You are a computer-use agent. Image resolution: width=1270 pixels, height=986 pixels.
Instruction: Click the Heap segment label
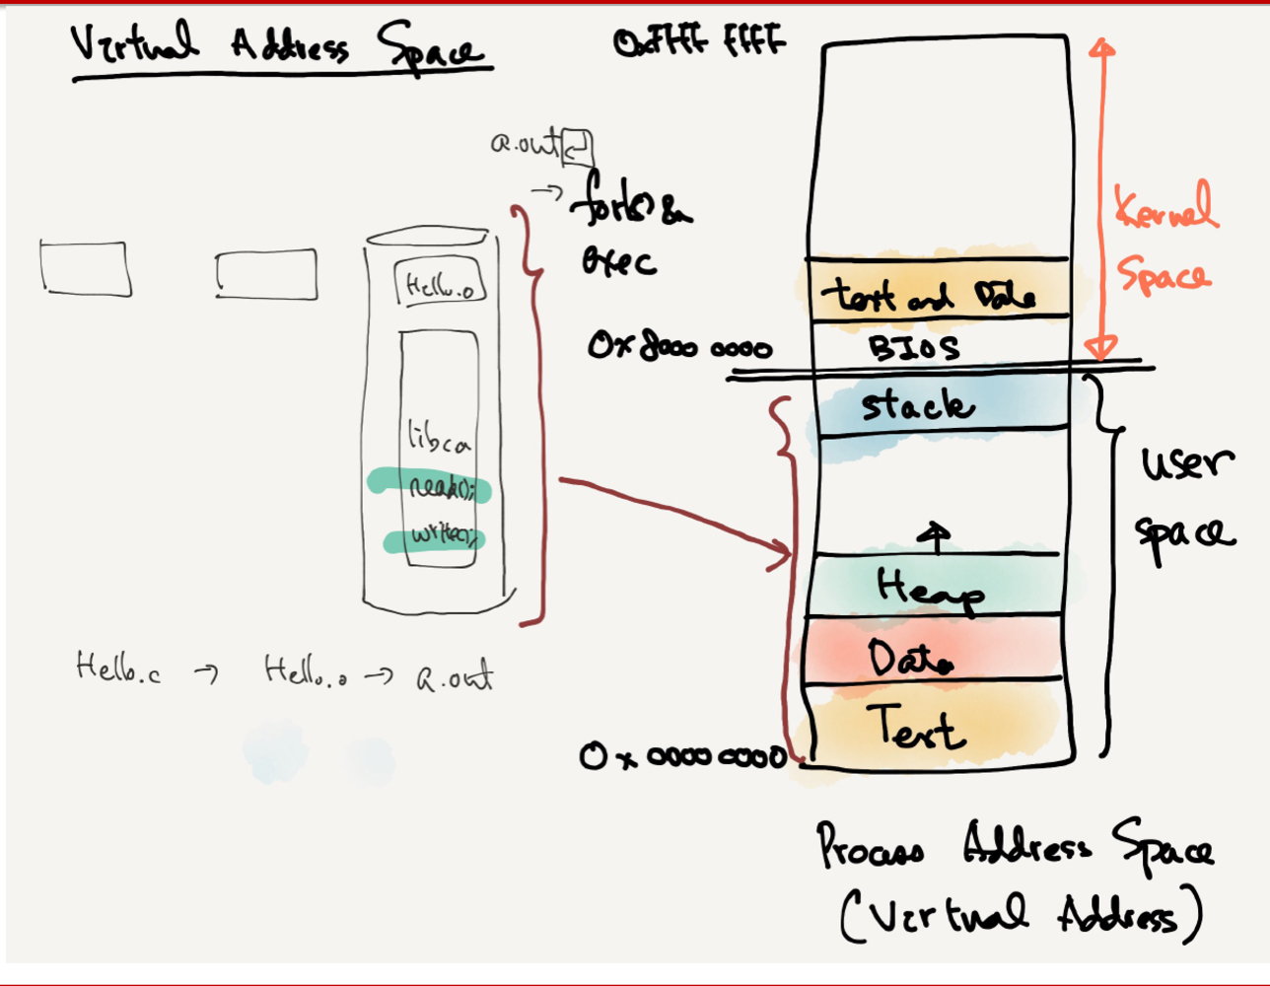929,590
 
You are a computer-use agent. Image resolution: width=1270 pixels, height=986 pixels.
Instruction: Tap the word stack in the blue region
917,405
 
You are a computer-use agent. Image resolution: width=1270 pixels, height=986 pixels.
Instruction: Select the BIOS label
913,348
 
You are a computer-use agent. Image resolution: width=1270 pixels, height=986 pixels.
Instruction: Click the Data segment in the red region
910,657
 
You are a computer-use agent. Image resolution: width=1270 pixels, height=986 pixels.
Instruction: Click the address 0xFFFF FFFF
699,42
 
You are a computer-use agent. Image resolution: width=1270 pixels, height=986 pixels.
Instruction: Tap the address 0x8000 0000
679,347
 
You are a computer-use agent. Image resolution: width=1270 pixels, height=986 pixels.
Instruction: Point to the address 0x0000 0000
683,756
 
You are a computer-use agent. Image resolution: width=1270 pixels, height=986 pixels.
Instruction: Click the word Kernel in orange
1165,207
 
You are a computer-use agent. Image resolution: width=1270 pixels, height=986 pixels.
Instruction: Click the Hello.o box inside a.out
440,284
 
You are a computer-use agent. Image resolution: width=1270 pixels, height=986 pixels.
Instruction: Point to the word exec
618,261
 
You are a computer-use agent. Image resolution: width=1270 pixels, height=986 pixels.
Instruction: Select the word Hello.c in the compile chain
117,669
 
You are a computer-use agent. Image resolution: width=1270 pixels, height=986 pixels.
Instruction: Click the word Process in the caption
870,847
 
